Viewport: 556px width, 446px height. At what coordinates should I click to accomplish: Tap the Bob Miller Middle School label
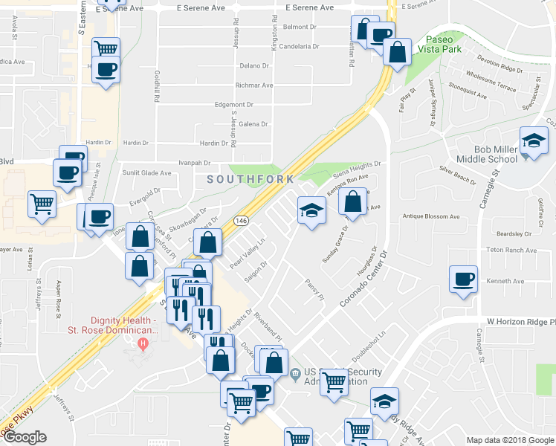click(x=485, y=154)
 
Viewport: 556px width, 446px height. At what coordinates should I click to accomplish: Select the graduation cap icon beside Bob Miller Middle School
click(x=534, y=141)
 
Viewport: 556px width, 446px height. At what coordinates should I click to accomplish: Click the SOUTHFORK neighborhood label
click(x=250, y=179)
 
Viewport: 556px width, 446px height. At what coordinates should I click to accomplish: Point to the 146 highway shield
click(x=242, y=222)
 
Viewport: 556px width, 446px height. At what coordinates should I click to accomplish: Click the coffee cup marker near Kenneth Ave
click(x=465, y=279)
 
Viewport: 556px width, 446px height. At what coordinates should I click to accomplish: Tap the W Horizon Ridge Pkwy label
click(x=520, y=322)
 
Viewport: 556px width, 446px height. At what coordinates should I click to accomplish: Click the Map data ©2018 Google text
click(x=510, y=440)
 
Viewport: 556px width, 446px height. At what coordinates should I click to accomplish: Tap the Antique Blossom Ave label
click(x=431, y=216)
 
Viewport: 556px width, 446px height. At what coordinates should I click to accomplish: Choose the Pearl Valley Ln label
click(x=248, y=254)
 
